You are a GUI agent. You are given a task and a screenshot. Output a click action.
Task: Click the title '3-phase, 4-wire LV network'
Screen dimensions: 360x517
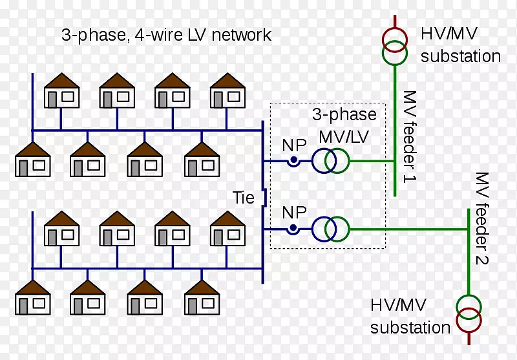coord(166,35)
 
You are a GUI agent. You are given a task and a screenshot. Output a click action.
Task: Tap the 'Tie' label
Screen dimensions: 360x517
coord(244,196)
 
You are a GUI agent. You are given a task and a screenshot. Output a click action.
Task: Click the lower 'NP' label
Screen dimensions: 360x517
coord(294,212)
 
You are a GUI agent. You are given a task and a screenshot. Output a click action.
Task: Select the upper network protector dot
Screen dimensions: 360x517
coord(293,161)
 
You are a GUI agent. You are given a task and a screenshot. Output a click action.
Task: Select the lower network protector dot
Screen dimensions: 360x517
coord(293,228)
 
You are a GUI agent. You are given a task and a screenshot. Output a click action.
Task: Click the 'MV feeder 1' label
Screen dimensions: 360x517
coord(410,136)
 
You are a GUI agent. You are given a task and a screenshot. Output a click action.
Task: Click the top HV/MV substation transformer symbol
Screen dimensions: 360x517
coord(395,48)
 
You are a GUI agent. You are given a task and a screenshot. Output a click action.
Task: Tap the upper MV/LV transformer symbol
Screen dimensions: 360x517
coord(330,161)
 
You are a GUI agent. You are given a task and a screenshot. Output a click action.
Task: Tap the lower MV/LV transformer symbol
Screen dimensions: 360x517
coord(330,228)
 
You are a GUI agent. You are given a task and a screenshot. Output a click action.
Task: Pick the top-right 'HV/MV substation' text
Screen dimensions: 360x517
coord(460,45)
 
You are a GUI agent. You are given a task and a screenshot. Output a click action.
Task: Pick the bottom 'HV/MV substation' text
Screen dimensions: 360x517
coord(410,316)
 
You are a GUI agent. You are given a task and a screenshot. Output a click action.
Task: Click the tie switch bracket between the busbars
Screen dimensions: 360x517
coord(264,196)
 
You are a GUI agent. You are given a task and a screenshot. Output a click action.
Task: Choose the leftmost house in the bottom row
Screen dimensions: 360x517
coord(33,297)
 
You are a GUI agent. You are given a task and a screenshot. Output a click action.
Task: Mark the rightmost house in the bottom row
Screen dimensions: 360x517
coord(202,297)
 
